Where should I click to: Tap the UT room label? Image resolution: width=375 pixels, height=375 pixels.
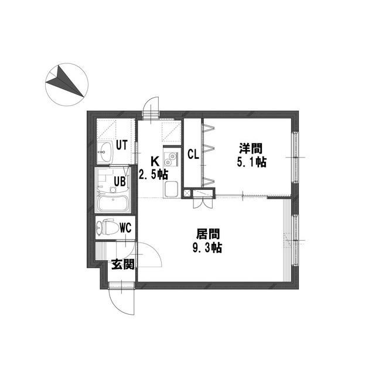[122, 145]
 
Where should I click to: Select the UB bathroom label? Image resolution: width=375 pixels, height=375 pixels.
[120, 181]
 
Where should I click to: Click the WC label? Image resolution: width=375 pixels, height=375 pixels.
[125, 228]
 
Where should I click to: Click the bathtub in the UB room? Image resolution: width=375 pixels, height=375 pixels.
[112, 203]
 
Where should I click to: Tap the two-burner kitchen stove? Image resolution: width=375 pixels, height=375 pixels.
[171, 159]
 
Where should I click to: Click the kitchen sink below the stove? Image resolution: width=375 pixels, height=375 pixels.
[171, 189]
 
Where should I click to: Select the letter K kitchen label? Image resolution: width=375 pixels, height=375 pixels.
[155, 162]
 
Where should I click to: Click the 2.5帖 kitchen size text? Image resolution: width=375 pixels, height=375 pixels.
[154, 175]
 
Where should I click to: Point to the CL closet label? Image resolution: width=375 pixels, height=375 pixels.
[193, 155]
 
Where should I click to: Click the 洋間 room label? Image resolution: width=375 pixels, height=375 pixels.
[251, 148]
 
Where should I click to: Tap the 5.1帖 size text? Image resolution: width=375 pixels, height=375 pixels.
[251, 162]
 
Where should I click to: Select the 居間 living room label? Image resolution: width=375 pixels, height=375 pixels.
[207, 234]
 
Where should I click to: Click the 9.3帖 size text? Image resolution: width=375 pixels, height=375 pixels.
[207, 248]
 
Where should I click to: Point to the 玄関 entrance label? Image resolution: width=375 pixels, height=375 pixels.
[123, 264]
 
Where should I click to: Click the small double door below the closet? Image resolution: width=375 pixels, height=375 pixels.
[203, 203]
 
